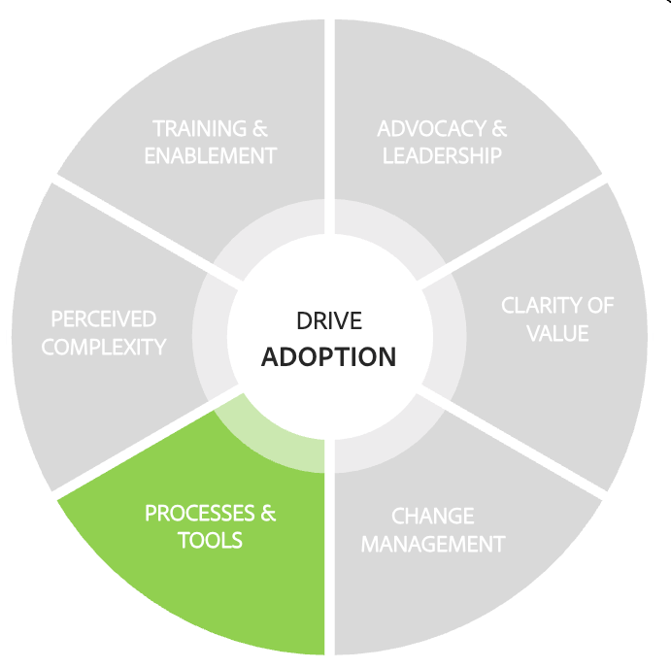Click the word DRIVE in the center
click(329, 320)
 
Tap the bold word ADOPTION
click(329, 356)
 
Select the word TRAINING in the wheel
click(197, 129)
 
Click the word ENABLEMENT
click(211, 155)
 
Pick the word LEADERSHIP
click(442, 155)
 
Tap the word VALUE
click(557, 333)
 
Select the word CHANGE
click(432, 516)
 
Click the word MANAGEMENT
click(433, 543)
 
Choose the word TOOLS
click(210, 540)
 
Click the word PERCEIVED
click(104, 319)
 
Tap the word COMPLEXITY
click(104, 347)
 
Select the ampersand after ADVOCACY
click(498, 129)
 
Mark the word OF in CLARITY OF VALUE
click(600, 306)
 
